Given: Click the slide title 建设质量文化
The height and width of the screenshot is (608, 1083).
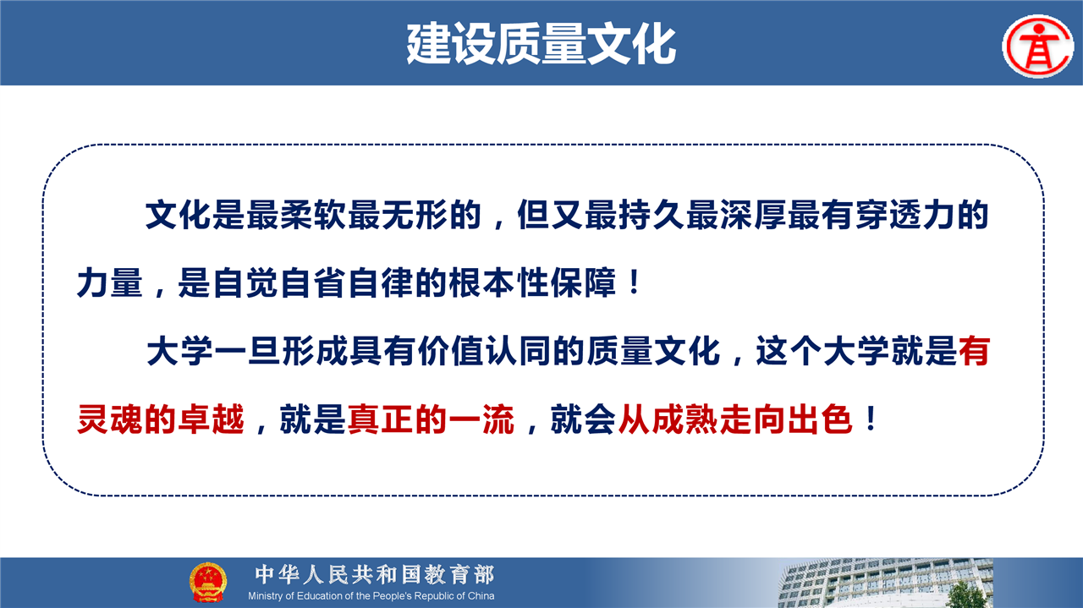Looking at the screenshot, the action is coord(541,44).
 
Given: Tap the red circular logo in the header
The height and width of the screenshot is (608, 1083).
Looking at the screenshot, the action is coord(1038,47).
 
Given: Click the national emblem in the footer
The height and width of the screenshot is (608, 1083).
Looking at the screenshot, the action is coord(208,582).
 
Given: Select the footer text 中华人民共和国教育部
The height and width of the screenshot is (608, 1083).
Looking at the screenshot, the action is coord(375,575).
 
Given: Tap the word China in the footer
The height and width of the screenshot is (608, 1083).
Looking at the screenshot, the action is coord(481,596).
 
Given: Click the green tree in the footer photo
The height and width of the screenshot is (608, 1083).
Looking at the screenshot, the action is coord(965,594).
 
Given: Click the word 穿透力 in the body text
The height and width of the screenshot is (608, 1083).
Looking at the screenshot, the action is coord(905,215).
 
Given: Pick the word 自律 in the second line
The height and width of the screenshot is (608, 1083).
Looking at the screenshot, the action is coord(381,282).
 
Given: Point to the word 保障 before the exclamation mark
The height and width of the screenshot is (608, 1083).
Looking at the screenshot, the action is coord(584,282).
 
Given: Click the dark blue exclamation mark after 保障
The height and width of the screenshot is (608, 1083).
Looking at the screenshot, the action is coord(634,282).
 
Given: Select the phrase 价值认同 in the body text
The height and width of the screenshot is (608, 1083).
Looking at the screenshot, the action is coord(483,351).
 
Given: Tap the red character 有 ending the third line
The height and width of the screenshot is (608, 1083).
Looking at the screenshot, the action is coord(974,351).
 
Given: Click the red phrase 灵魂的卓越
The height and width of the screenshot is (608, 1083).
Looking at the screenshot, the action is coord(161,419).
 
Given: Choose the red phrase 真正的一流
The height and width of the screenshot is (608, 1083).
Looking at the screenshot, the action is coord(431,419).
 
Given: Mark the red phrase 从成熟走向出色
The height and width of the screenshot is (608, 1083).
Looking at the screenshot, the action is coord(735,419).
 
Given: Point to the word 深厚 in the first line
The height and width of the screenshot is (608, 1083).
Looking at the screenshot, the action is coord(753,215).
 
